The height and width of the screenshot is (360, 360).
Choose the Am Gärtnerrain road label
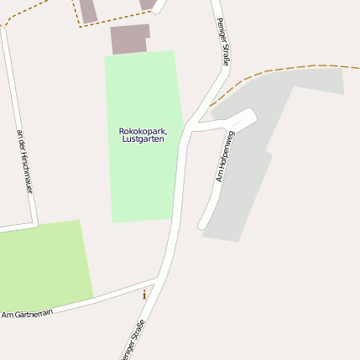[27, 314]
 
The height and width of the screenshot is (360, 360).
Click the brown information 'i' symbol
[144, 295]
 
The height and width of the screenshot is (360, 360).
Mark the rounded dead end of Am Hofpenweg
[202, 224]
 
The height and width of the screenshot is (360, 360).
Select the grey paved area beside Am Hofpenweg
[252, 168]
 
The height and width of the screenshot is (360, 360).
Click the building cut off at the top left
[88, 10]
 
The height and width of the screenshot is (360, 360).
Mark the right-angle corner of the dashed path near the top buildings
[81, 26]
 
